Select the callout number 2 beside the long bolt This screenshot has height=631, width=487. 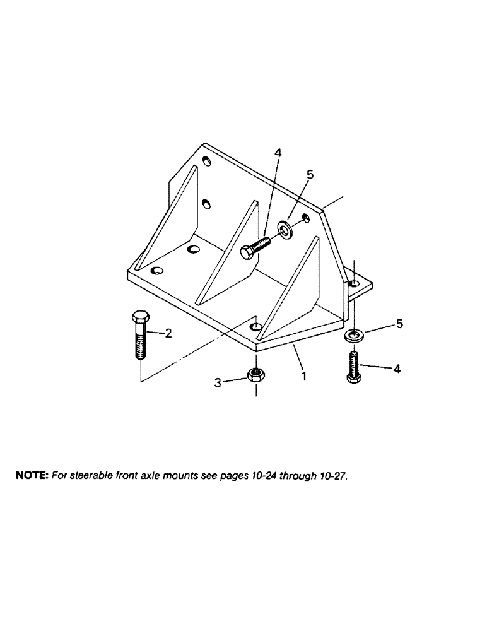[168, 334]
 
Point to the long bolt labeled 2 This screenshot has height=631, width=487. [139, 334]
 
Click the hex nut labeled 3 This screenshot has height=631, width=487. [255, 375]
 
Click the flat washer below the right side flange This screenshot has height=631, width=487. [355, 334]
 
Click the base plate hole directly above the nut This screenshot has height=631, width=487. [255, 326]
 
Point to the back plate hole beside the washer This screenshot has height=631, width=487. [305, 218]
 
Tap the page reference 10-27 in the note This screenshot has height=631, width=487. [335, 476]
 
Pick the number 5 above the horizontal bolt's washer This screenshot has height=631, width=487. [309, 174]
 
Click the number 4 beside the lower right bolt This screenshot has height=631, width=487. [397, 369]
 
